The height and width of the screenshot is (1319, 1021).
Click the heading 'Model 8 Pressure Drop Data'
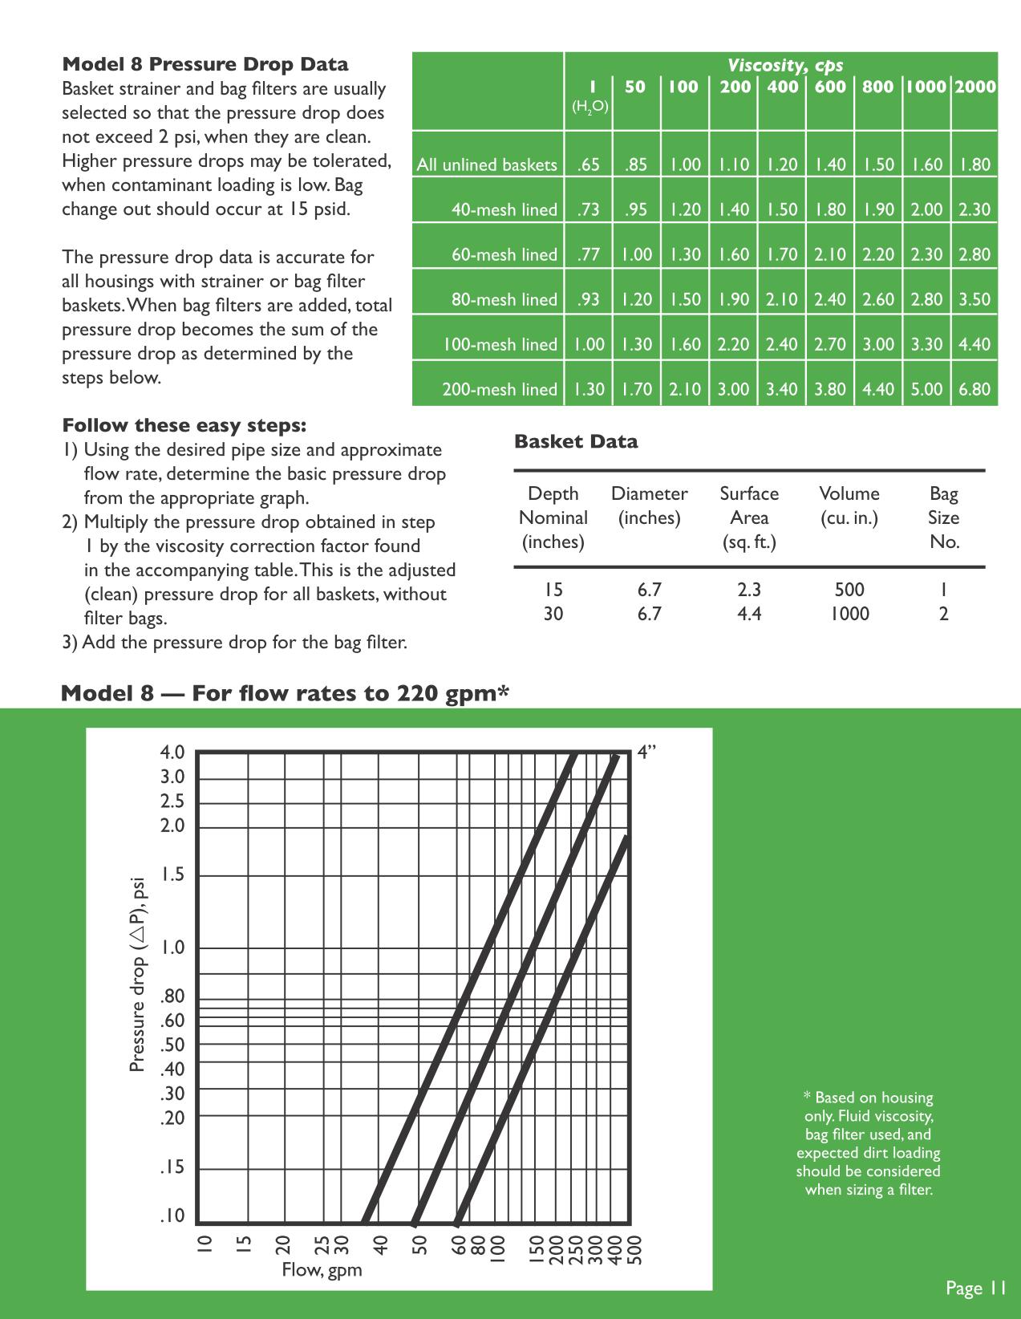205,64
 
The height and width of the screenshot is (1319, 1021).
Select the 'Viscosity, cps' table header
784,65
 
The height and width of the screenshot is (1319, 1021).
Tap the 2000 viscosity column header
974,87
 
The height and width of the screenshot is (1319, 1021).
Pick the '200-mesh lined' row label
499,389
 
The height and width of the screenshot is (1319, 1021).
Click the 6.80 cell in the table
974,389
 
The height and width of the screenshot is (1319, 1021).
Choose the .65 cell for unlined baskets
588,164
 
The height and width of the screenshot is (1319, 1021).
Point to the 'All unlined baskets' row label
487,164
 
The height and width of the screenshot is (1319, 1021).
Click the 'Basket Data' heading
576,441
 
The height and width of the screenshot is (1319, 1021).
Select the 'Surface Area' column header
749,517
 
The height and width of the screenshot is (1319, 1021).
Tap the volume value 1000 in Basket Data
849,614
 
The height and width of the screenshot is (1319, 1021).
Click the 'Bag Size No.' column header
944,517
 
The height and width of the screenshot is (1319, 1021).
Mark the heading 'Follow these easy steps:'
184,425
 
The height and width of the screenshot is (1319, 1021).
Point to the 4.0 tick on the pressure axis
172,753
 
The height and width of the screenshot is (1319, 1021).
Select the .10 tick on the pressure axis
172,1216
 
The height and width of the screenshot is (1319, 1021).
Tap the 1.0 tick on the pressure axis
172,948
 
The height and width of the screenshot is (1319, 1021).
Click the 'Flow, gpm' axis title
322,1269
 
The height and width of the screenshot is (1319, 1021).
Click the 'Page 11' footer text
975,1288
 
